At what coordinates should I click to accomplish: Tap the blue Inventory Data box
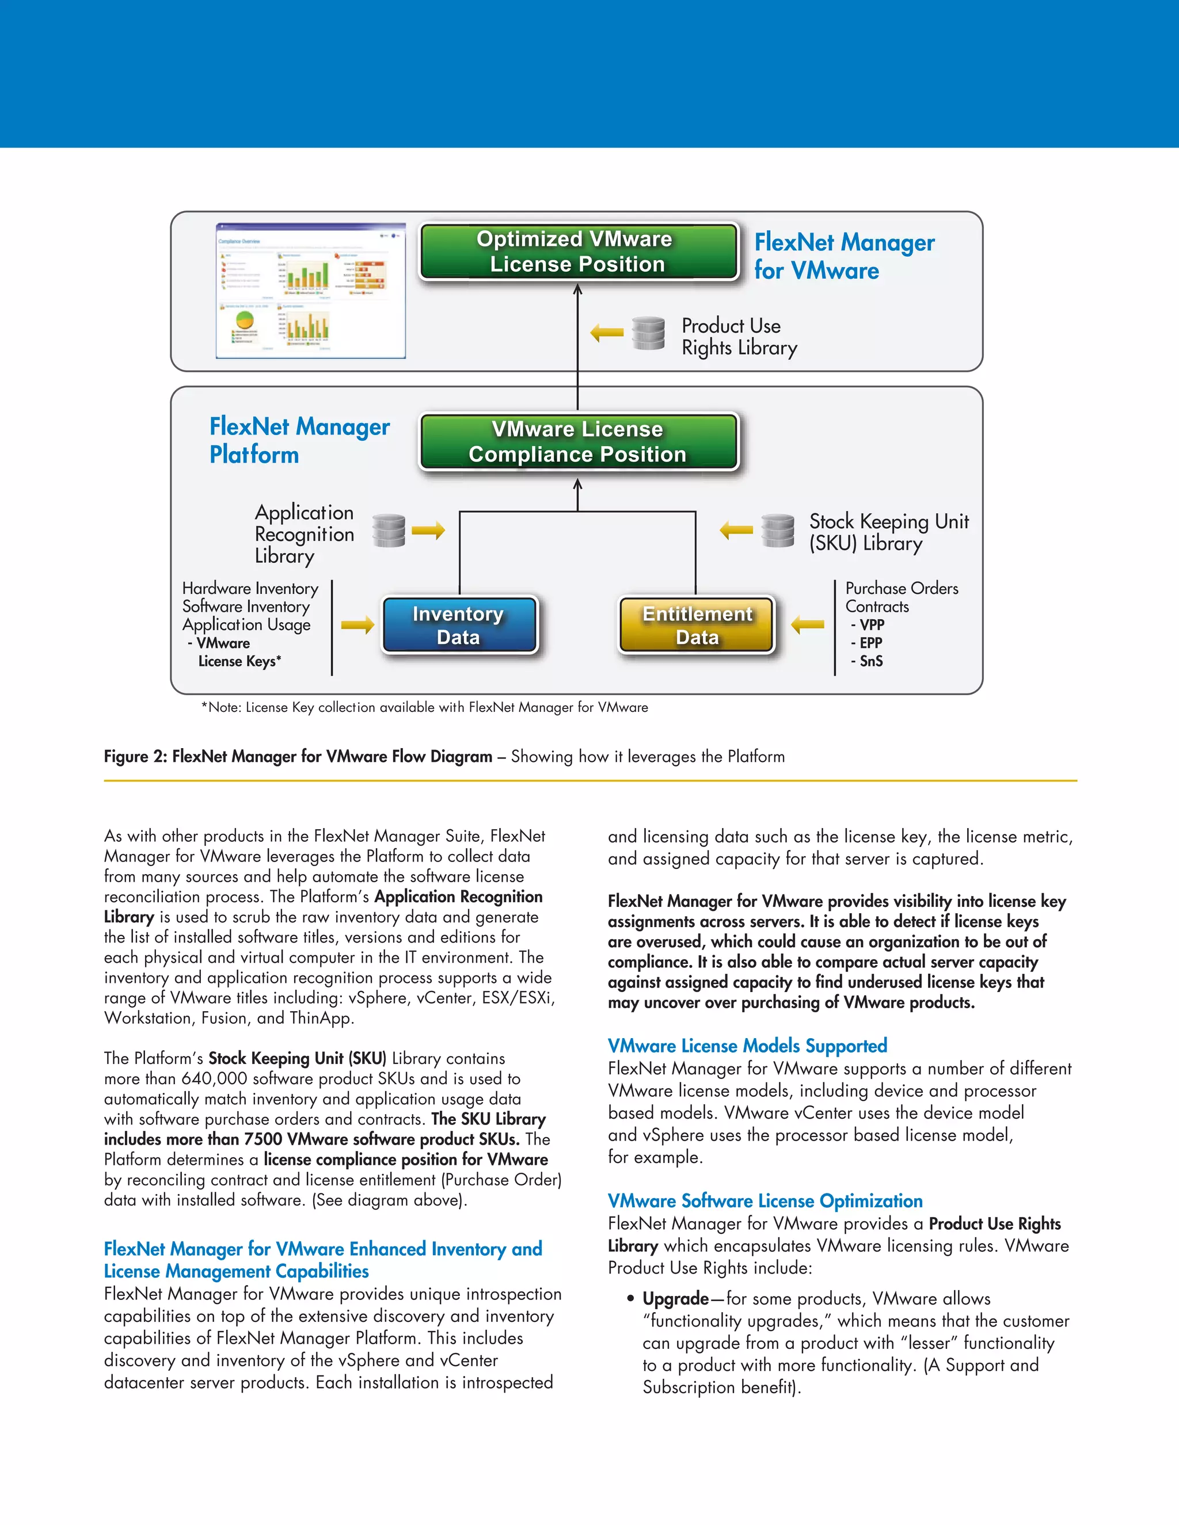(x=459, y=625)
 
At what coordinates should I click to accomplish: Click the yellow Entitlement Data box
(x=697, y=625)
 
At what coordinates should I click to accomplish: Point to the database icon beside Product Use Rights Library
(x=648, y=333)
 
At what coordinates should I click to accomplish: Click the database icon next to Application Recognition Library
(x=389, y=531)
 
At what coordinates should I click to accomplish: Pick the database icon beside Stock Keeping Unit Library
(x=777, y=531)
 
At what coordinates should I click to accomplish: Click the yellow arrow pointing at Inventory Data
(x=357, y=625)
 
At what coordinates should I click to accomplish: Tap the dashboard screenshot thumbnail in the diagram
(x=311, y=291)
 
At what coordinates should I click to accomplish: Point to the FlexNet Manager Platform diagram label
(x=299, y=440)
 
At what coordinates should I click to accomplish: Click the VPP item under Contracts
(x=871, y=625)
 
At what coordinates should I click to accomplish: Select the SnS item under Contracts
(x=870, y=661)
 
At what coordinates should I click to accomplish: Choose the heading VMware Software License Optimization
(x=765, y=1201)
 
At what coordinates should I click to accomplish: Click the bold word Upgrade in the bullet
(x=675, y=1299)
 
